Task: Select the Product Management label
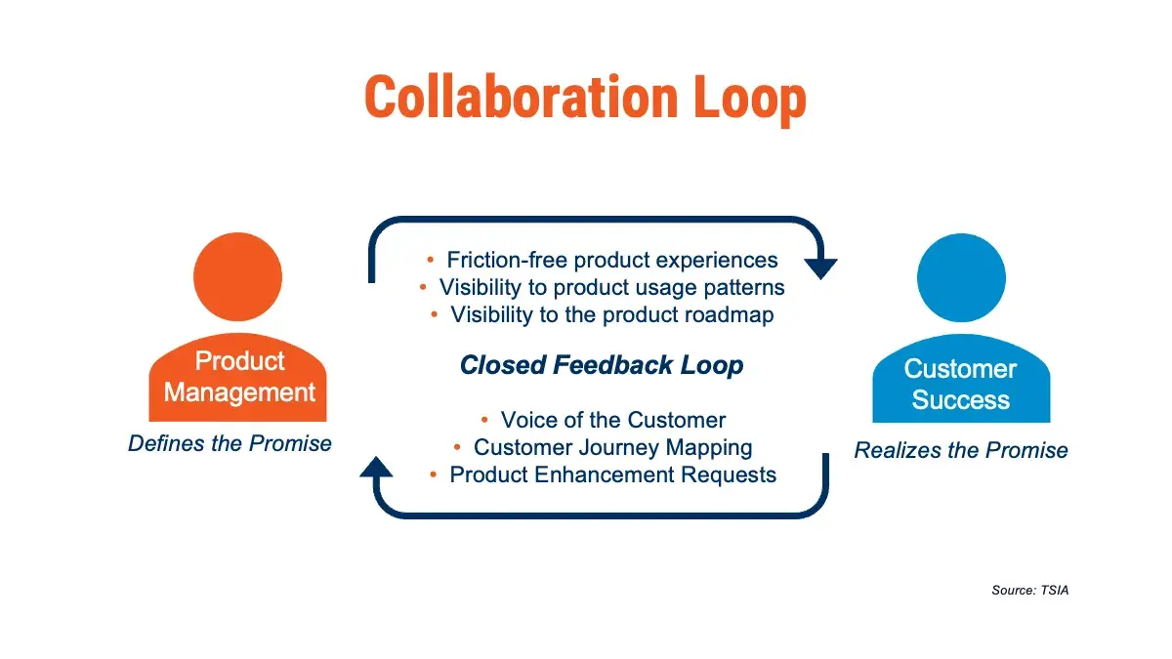click(x=239, y=377)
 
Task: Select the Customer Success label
click(x=960, y=385)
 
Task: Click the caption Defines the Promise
click(x=230, y=443)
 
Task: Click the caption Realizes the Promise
click(x=961, y=450)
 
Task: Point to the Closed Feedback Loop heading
click(x=602, y=365)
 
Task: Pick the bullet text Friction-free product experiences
click(x=612, y=260)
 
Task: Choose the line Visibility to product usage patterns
click(x=611, y=287)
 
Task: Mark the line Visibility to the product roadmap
click(x=611, y=314)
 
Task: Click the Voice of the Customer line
click(x=612, y=420)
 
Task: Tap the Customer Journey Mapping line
click(x=612, y=447)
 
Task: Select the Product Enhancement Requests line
click(x=612, y=474)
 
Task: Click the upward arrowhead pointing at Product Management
click(x=376, y=468)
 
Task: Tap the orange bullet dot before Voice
click(x=485, y=421)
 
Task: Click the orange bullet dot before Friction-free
click(x=431, y=261)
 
